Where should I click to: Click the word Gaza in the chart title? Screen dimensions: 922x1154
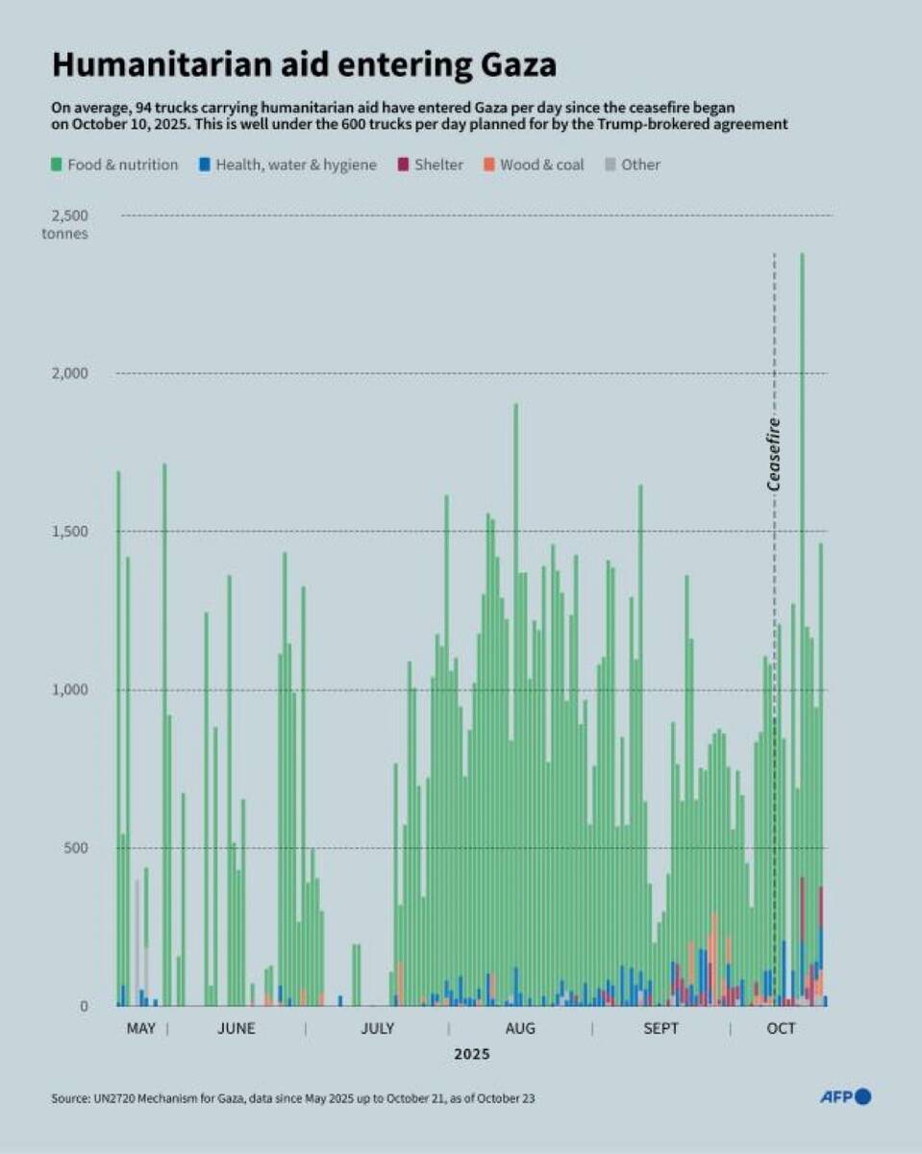518,64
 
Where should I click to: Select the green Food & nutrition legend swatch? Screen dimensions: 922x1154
57,164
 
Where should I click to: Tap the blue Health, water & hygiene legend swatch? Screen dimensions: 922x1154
204,164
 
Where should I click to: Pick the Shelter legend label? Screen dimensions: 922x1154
438,164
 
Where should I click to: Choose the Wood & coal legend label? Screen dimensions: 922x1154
541,164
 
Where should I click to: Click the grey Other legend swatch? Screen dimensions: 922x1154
611,164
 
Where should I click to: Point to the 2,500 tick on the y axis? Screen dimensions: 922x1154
69,215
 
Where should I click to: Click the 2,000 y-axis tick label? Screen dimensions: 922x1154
69,373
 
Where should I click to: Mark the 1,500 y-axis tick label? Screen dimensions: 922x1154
69,531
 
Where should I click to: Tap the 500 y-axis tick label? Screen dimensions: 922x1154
76,848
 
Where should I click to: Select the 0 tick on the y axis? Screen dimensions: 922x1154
84,1007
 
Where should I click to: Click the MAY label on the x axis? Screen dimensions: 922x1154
141,1029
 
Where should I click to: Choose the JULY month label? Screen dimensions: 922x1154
378,1029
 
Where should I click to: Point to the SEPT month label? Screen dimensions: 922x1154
660,1029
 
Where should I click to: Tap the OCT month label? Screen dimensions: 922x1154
781,1029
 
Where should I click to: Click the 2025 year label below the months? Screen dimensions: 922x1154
472,1054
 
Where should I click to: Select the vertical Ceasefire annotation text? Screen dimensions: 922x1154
774,454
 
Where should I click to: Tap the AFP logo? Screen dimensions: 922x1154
845,1096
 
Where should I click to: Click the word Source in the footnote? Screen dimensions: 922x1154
70,1098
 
